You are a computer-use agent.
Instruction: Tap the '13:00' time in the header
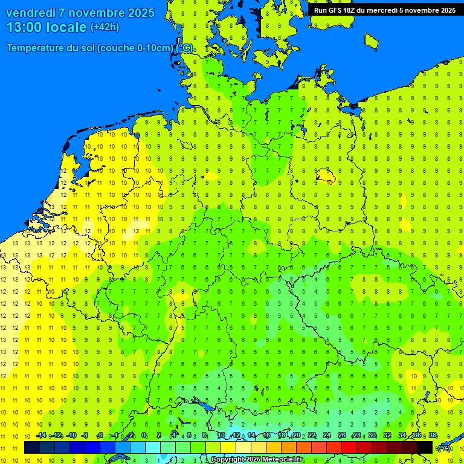pos(24,27)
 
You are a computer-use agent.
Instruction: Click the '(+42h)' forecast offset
pos(105,27)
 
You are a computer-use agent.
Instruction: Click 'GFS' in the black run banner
pos(335,10)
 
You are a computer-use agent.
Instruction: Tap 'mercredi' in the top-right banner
pos(382,10)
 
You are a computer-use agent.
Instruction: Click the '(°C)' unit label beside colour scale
pos(444,448)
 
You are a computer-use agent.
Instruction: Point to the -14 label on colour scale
pos(41,436)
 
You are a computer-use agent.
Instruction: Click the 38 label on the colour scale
pos(433,436)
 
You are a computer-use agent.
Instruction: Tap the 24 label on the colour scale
pos(326,436)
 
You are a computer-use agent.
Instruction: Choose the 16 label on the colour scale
pos(266,436)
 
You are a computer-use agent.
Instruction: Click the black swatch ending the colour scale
pos(425,448)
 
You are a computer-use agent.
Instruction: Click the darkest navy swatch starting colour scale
pos(31,448)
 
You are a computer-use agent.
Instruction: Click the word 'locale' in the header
pos(68,27)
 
